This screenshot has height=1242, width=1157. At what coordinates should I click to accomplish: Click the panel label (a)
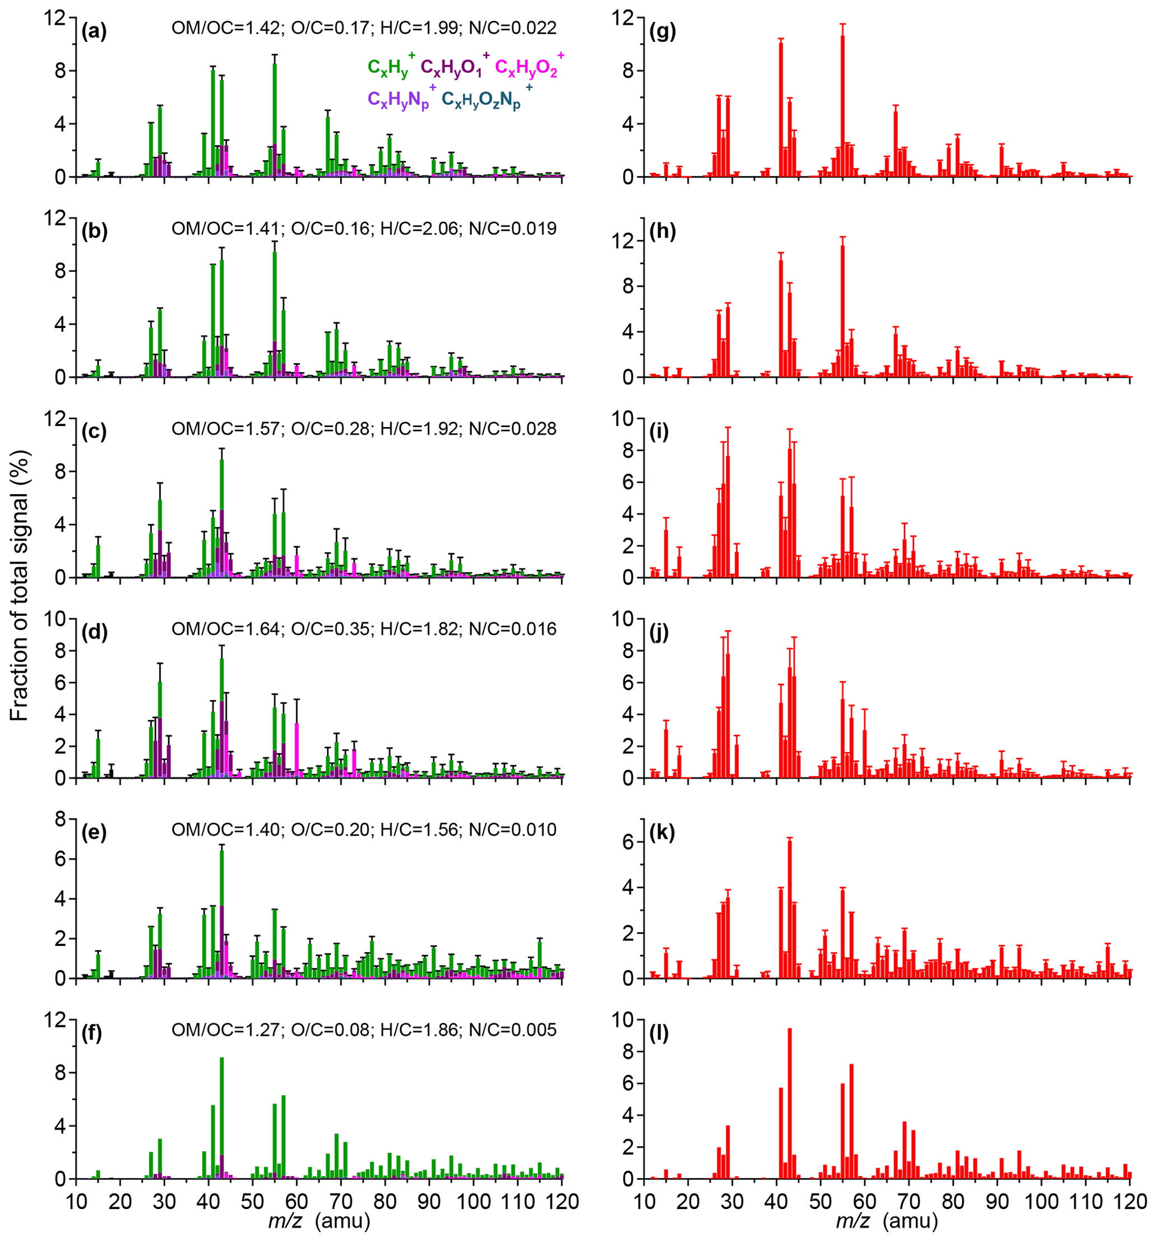tap(93, 31)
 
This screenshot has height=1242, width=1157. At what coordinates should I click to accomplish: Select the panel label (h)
tap(662, 231)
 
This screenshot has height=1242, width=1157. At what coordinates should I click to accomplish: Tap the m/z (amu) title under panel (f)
tap(319, 1220)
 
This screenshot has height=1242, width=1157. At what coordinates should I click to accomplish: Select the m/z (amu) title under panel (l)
tap(887, 1220)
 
